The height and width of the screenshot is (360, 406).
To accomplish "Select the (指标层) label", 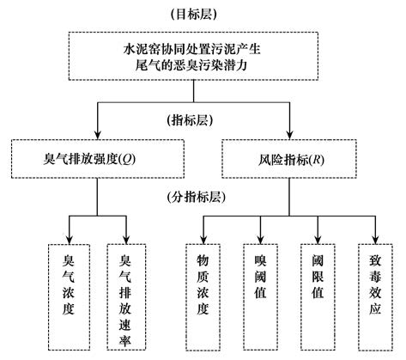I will coord(203,119).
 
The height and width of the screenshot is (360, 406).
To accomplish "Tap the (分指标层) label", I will coord(203,196).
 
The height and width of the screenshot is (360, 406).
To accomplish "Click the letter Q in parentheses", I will coord(128,158).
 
